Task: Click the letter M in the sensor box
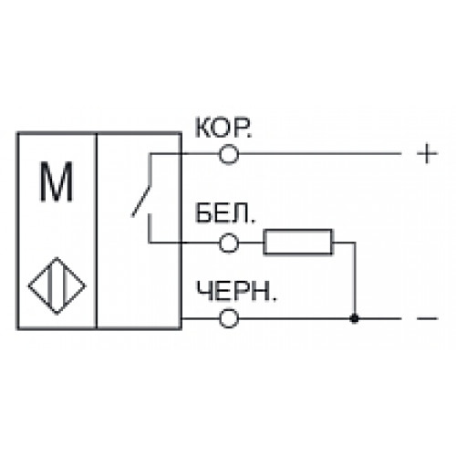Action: tap(57, 181)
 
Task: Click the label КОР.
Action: tap(223, 128)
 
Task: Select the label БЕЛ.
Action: tap(225, 213)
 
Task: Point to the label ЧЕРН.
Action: tap(236, 291)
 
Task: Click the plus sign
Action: tap(427, 154)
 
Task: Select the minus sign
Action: tap(427, 318)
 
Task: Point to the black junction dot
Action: tap(354, 318)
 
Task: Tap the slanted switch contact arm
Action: tap(140, 201)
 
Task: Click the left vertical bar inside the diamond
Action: tap(50, 285)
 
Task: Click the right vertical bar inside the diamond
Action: tap(65, 285)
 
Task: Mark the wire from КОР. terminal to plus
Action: tap(320, 154)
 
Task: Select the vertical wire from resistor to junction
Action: tap(354, 280)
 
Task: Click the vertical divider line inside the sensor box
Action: tap(97, 231)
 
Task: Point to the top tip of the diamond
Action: tap(57, 257)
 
